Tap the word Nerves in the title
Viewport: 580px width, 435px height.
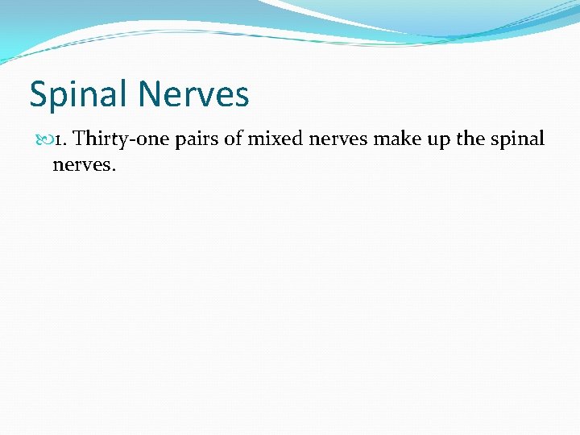pos(194,95)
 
